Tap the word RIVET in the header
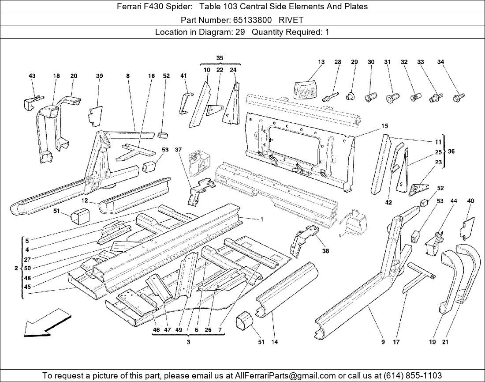tap(291, 20)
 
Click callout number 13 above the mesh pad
tap(321, 62)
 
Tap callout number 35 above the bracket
tap(220, 58)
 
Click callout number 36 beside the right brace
tap(451, 151)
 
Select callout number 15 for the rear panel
tap(384, 126)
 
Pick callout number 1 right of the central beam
tap(261, 219)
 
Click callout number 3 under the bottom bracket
tap(188, 342)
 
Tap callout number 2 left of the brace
tap(16, 268)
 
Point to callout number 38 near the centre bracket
tap(325, 251)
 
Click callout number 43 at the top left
tap(32, 76)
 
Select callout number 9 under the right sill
tap(383, 342)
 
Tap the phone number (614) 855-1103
tap(412, 375)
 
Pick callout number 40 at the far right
tap(470, 201)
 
